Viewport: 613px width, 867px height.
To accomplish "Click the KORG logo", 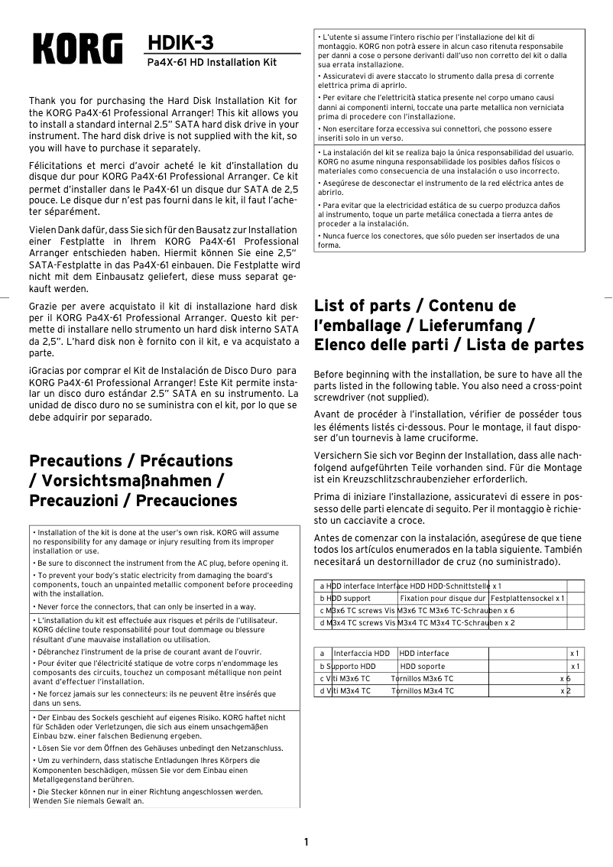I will [76, 50].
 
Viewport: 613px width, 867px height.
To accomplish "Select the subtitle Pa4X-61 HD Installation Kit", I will [212, 62].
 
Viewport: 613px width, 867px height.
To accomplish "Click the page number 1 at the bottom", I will [306, 843].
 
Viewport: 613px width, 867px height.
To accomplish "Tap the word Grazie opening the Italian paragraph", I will [44, 306].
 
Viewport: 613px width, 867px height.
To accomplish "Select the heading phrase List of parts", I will [362, 306].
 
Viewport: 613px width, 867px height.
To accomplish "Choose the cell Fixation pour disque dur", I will [443, 598].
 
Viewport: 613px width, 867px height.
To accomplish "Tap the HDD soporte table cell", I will [422, 666].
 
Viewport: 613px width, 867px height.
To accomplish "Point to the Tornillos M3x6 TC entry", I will [422, 678].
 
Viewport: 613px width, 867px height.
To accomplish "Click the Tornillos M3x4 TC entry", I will [422, 690].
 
